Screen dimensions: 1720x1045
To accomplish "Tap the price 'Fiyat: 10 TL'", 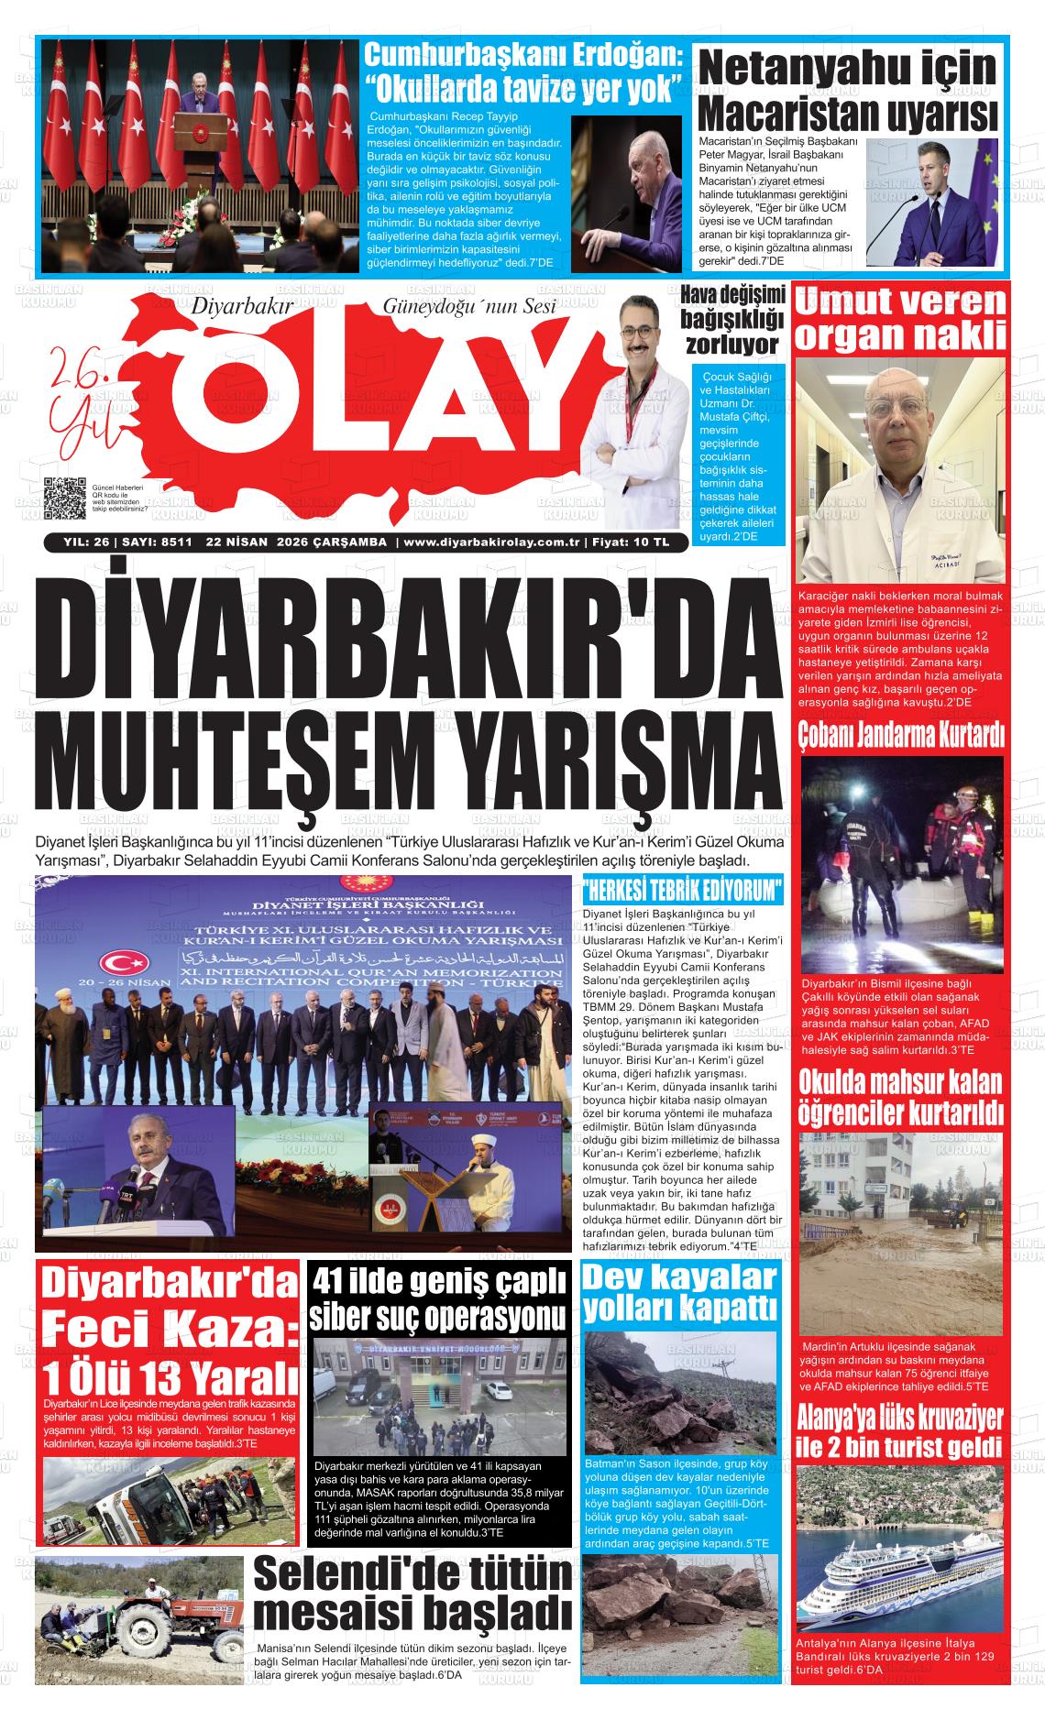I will tap(631, 542).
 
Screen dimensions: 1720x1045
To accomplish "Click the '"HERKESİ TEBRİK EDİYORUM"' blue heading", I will tap(684, 890).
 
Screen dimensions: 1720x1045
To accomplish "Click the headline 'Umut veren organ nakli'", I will tap(901, 319).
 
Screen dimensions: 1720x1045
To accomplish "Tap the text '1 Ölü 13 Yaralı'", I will tap(170, 1376).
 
